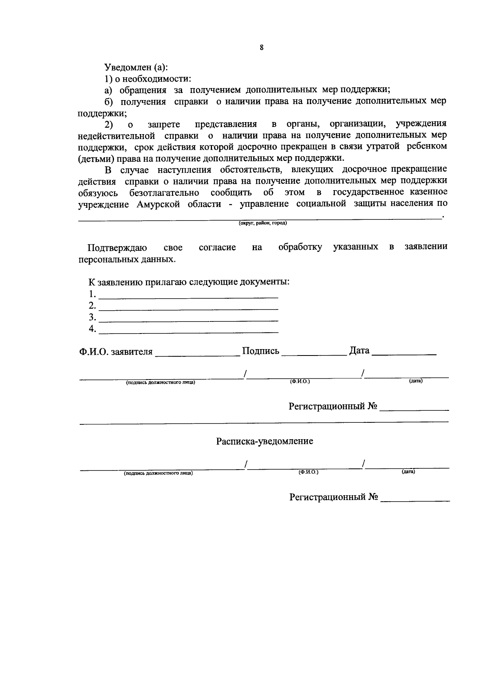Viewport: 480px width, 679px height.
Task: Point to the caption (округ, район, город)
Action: click(263, 223)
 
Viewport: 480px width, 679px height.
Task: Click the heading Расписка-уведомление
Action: click(264, 441)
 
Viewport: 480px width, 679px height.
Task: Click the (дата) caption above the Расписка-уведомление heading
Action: click(416, 382)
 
